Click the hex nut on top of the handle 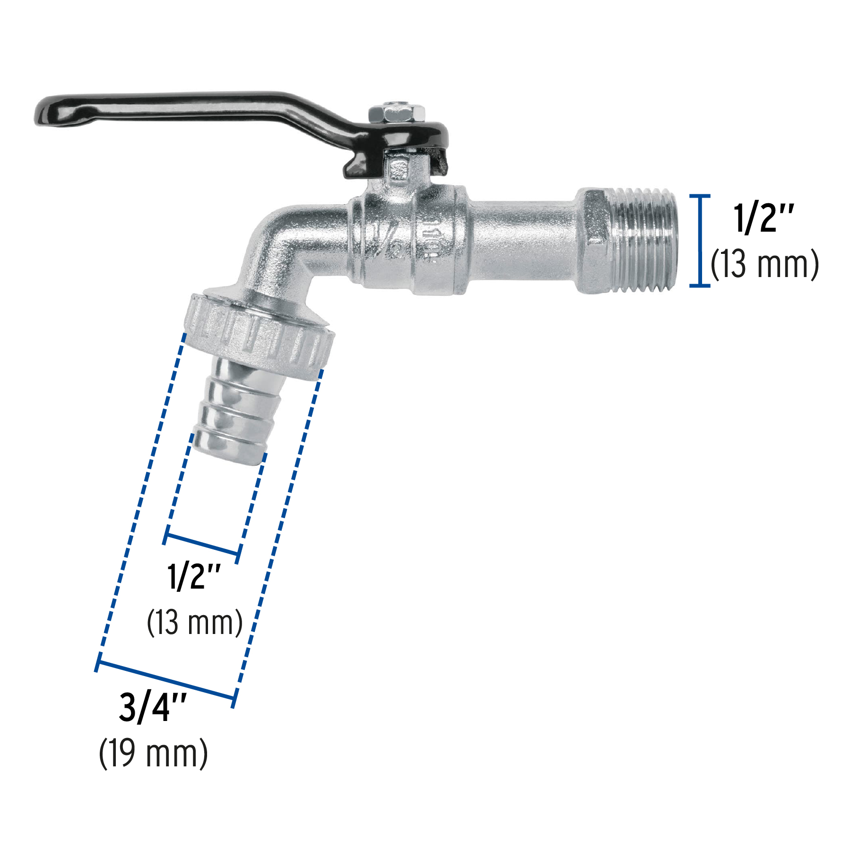(x=396, y=114)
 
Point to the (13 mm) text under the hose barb (x=195, y=623)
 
